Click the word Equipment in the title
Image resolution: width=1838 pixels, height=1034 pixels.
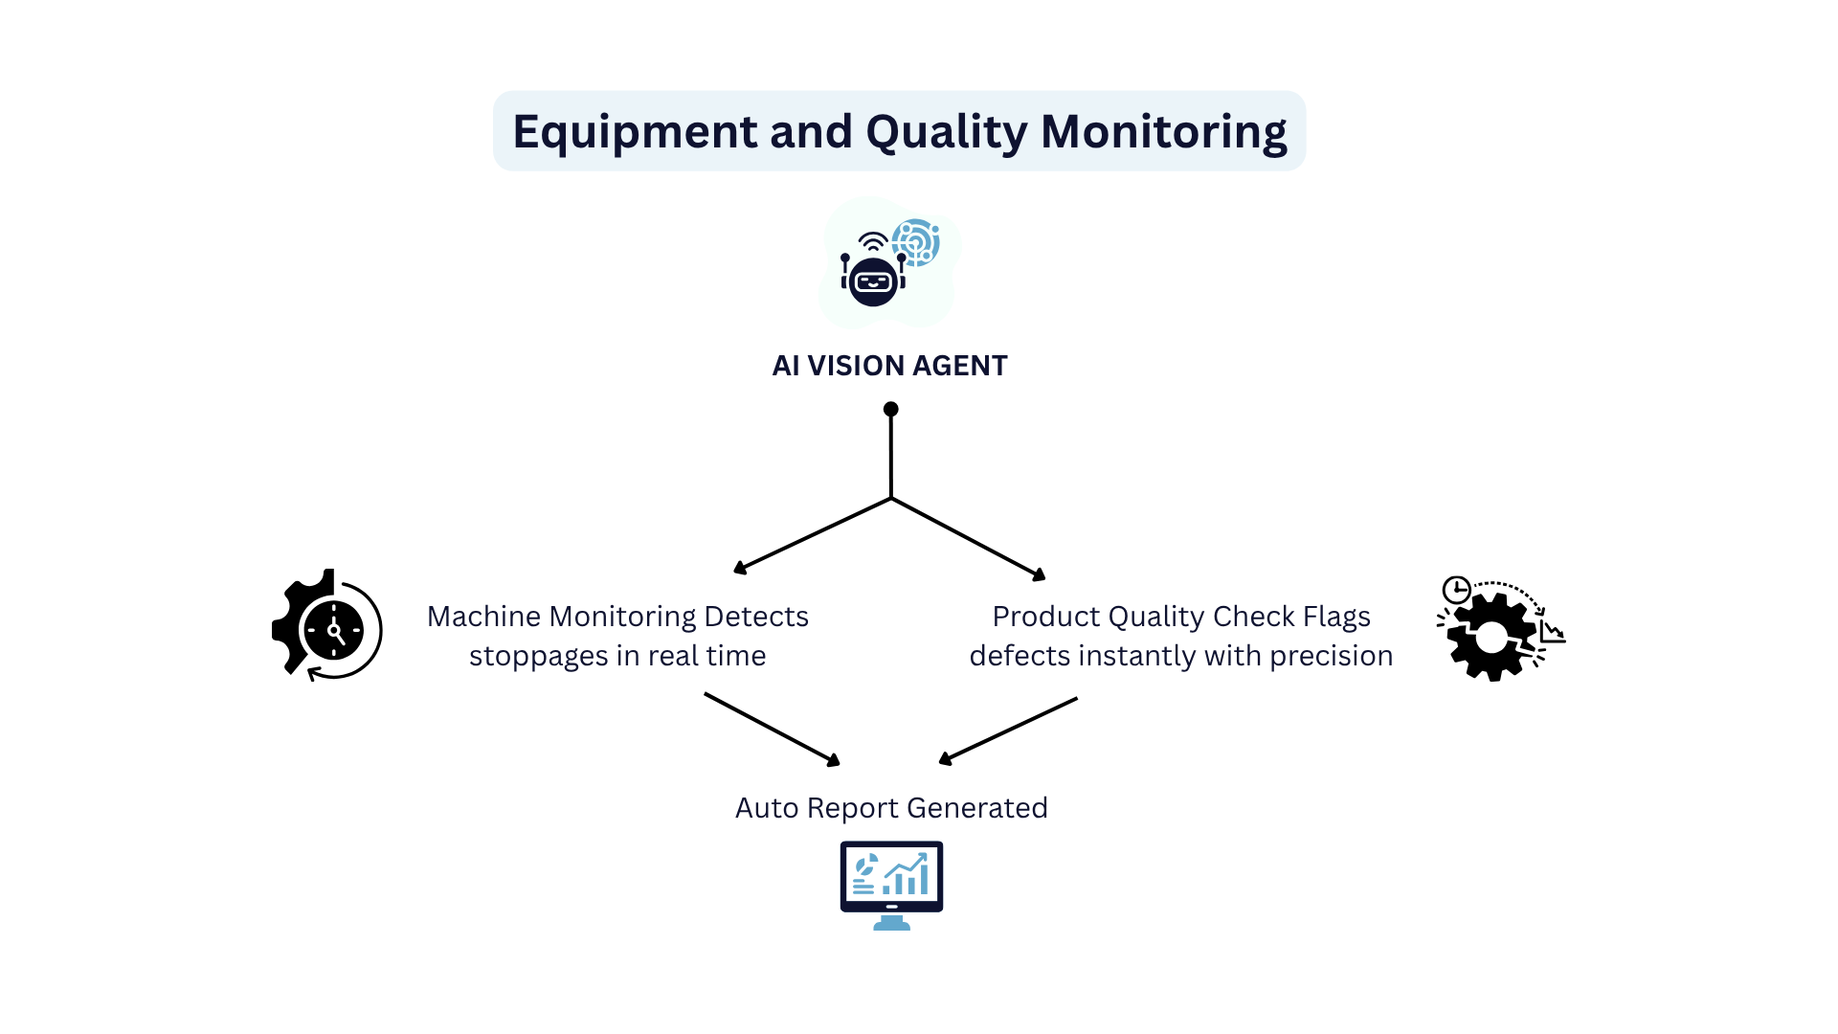point(634,131)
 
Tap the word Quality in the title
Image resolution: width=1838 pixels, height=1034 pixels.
point(947,131)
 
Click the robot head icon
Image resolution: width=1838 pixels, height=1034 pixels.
point(873,280)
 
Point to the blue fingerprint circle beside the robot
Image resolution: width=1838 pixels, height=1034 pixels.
point(916,241)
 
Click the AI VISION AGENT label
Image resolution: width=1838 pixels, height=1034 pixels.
point(889,366)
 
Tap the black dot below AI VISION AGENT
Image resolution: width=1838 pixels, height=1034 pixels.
point(890,409)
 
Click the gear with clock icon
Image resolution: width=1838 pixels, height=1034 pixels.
point(327,626)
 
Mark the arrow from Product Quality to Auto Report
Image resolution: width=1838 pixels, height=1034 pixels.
point(1009,730)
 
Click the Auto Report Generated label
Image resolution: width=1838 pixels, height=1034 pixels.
point(891,808)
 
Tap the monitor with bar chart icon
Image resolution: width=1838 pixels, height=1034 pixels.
point(891,884)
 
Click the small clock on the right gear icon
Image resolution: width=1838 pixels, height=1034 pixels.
point(1456,589)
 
